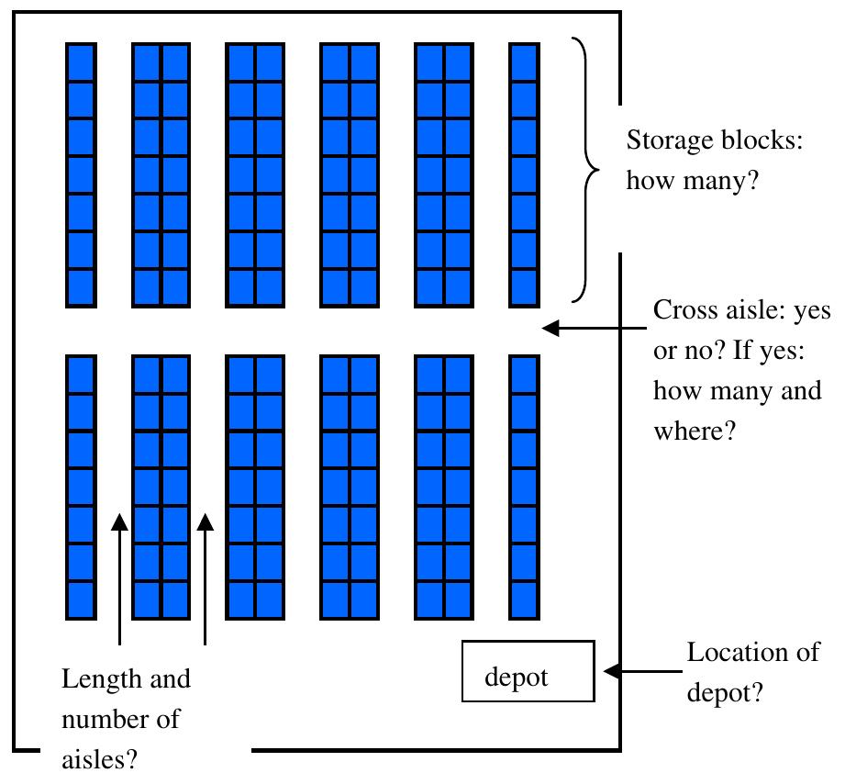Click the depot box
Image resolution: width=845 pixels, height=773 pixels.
[x=528, y=671]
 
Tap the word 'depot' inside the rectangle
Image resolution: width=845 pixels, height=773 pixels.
[x=516, y=678]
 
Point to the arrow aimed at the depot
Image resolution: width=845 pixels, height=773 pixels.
[x=643, y=671]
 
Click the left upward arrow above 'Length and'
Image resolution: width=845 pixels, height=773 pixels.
[x=119, y=578]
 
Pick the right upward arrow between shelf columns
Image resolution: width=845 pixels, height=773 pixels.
[x=206, y=578]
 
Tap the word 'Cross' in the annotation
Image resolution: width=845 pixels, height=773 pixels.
[x=683, y=310]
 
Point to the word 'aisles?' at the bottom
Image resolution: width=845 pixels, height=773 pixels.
[x=97, y=758]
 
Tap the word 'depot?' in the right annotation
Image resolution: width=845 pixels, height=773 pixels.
[x=724, y=692]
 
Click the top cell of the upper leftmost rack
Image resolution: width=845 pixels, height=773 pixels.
[x=81, y=62]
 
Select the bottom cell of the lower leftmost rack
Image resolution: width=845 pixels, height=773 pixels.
[x=81, y=599]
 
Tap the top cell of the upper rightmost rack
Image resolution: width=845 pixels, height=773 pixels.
[x=524, y=62]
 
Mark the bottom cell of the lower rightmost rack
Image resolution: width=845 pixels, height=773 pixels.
[x=524, y=599]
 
